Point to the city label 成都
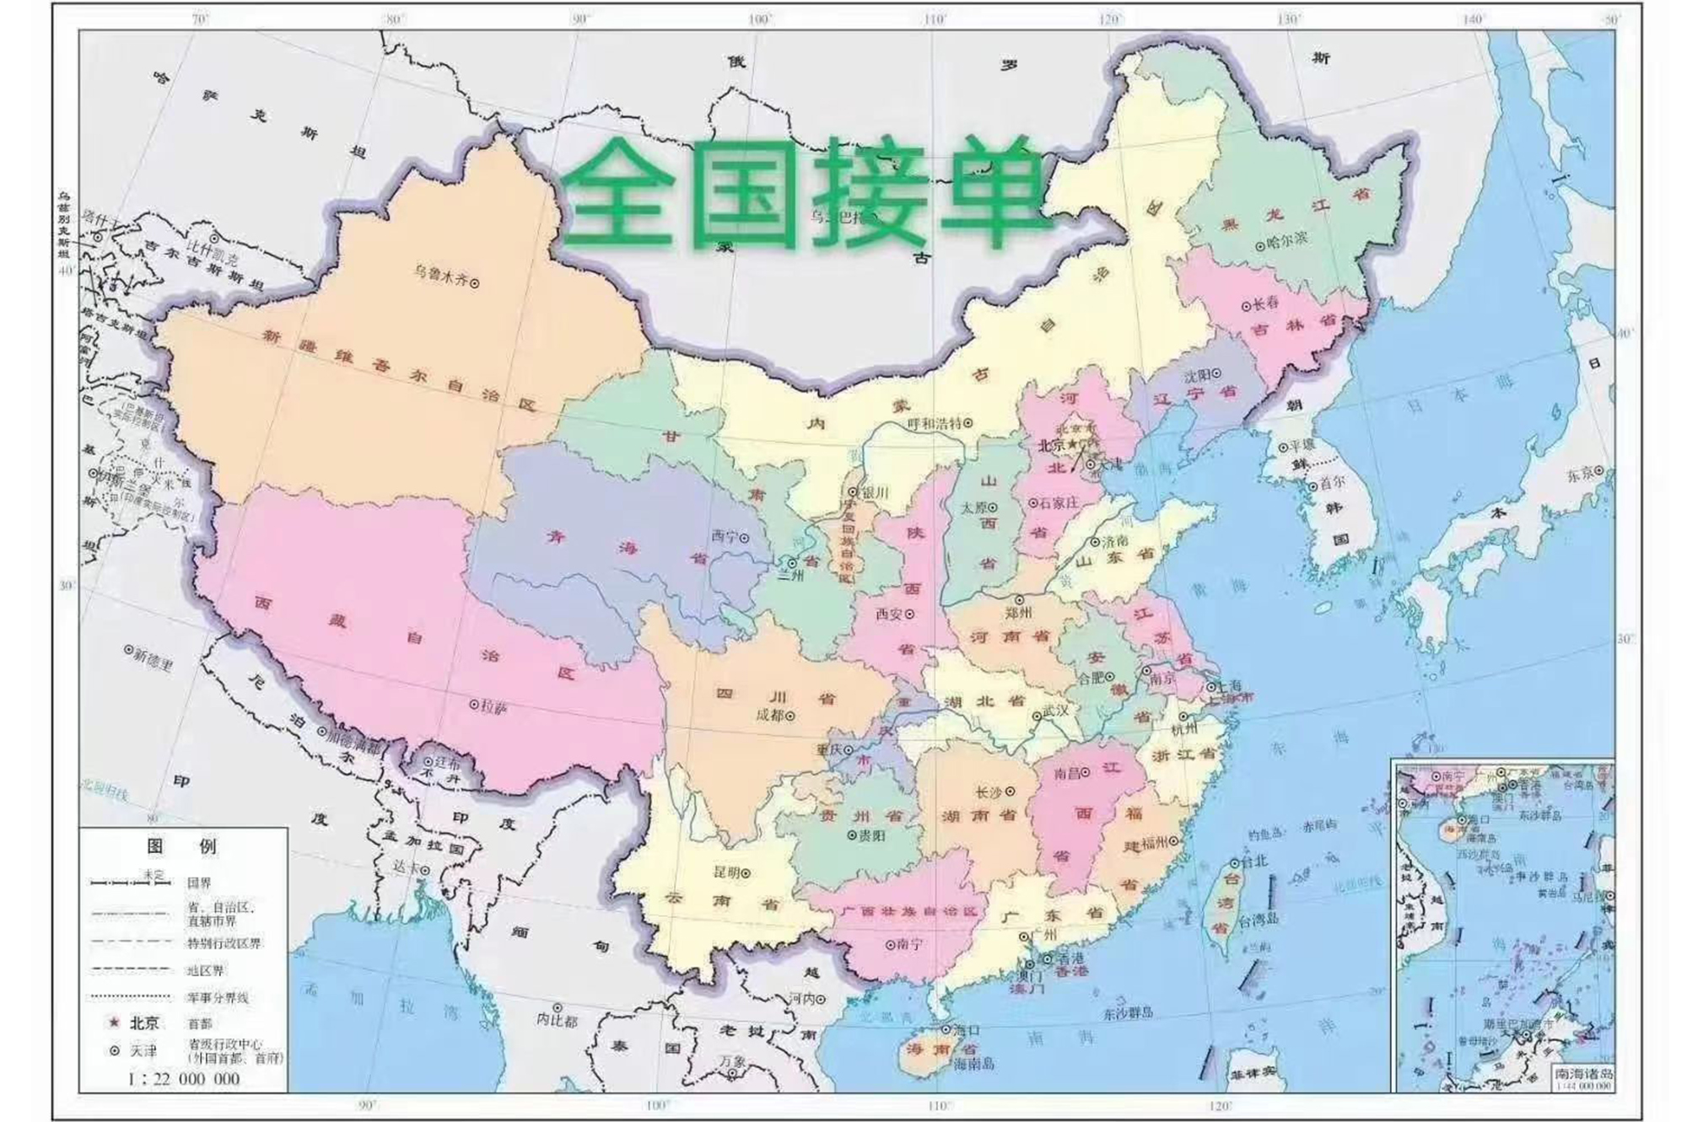point(768,715)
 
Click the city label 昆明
point(725,872)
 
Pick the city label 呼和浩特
point(935,424)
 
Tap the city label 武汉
point(1055,711)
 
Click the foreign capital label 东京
point(1580,475)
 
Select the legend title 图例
point(182,846)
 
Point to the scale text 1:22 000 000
point(184,1078)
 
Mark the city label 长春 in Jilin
point(1265,303)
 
